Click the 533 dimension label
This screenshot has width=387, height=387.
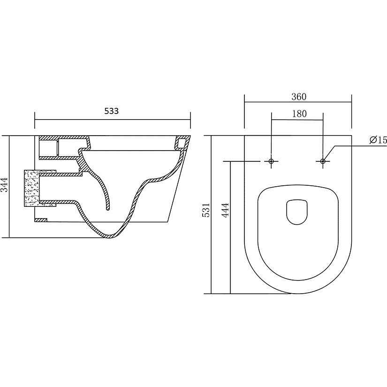[x=111, y=111]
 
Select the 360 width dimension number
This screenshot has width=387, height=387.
[x=299, y=97]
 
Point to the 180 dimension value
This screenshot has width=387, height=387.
[x=299, y=114]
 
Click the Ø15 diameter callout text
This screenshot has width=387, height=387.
[x=378, y=140]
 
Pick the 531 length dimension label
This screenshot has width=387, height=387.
[x=206, y=210]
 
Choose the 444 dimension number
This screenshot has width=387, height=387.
[x=225, y=210]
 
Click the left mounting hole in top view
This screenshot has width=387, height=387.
[x=271, y=161]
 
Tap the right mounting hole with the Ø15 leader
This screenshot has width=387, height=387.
[x=323, y=161]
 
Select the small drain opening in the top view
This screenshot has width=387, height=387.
[x=297, y=212]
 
